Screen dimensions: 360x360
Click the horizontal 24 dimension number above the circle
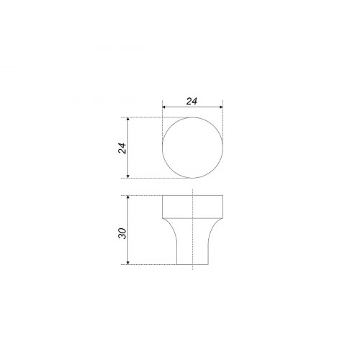[x=192, y=102]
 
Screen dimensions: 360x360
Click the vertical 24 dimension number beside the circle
[x=122, y=148]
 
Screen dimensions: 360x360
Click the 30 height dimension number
[x=122, y=233]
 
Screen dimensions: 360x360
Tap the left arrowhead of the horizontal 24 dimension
[x=164, y=107]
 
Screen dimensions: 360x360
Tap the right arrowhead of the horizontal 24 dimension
[x=221, y=107]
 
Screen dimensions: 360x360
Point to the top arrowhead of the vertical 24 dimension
[x=128, y=120]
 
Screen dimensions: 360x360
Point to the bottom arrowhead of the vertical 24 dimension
[x=128, y=176]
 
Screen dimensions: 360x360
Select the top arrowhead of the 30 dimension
[x=128, y=197]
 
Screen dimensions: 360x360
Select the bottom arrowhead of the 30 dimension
[x=128, y=263]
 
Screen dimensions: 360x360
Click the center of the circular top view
[x=193, y=148]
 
